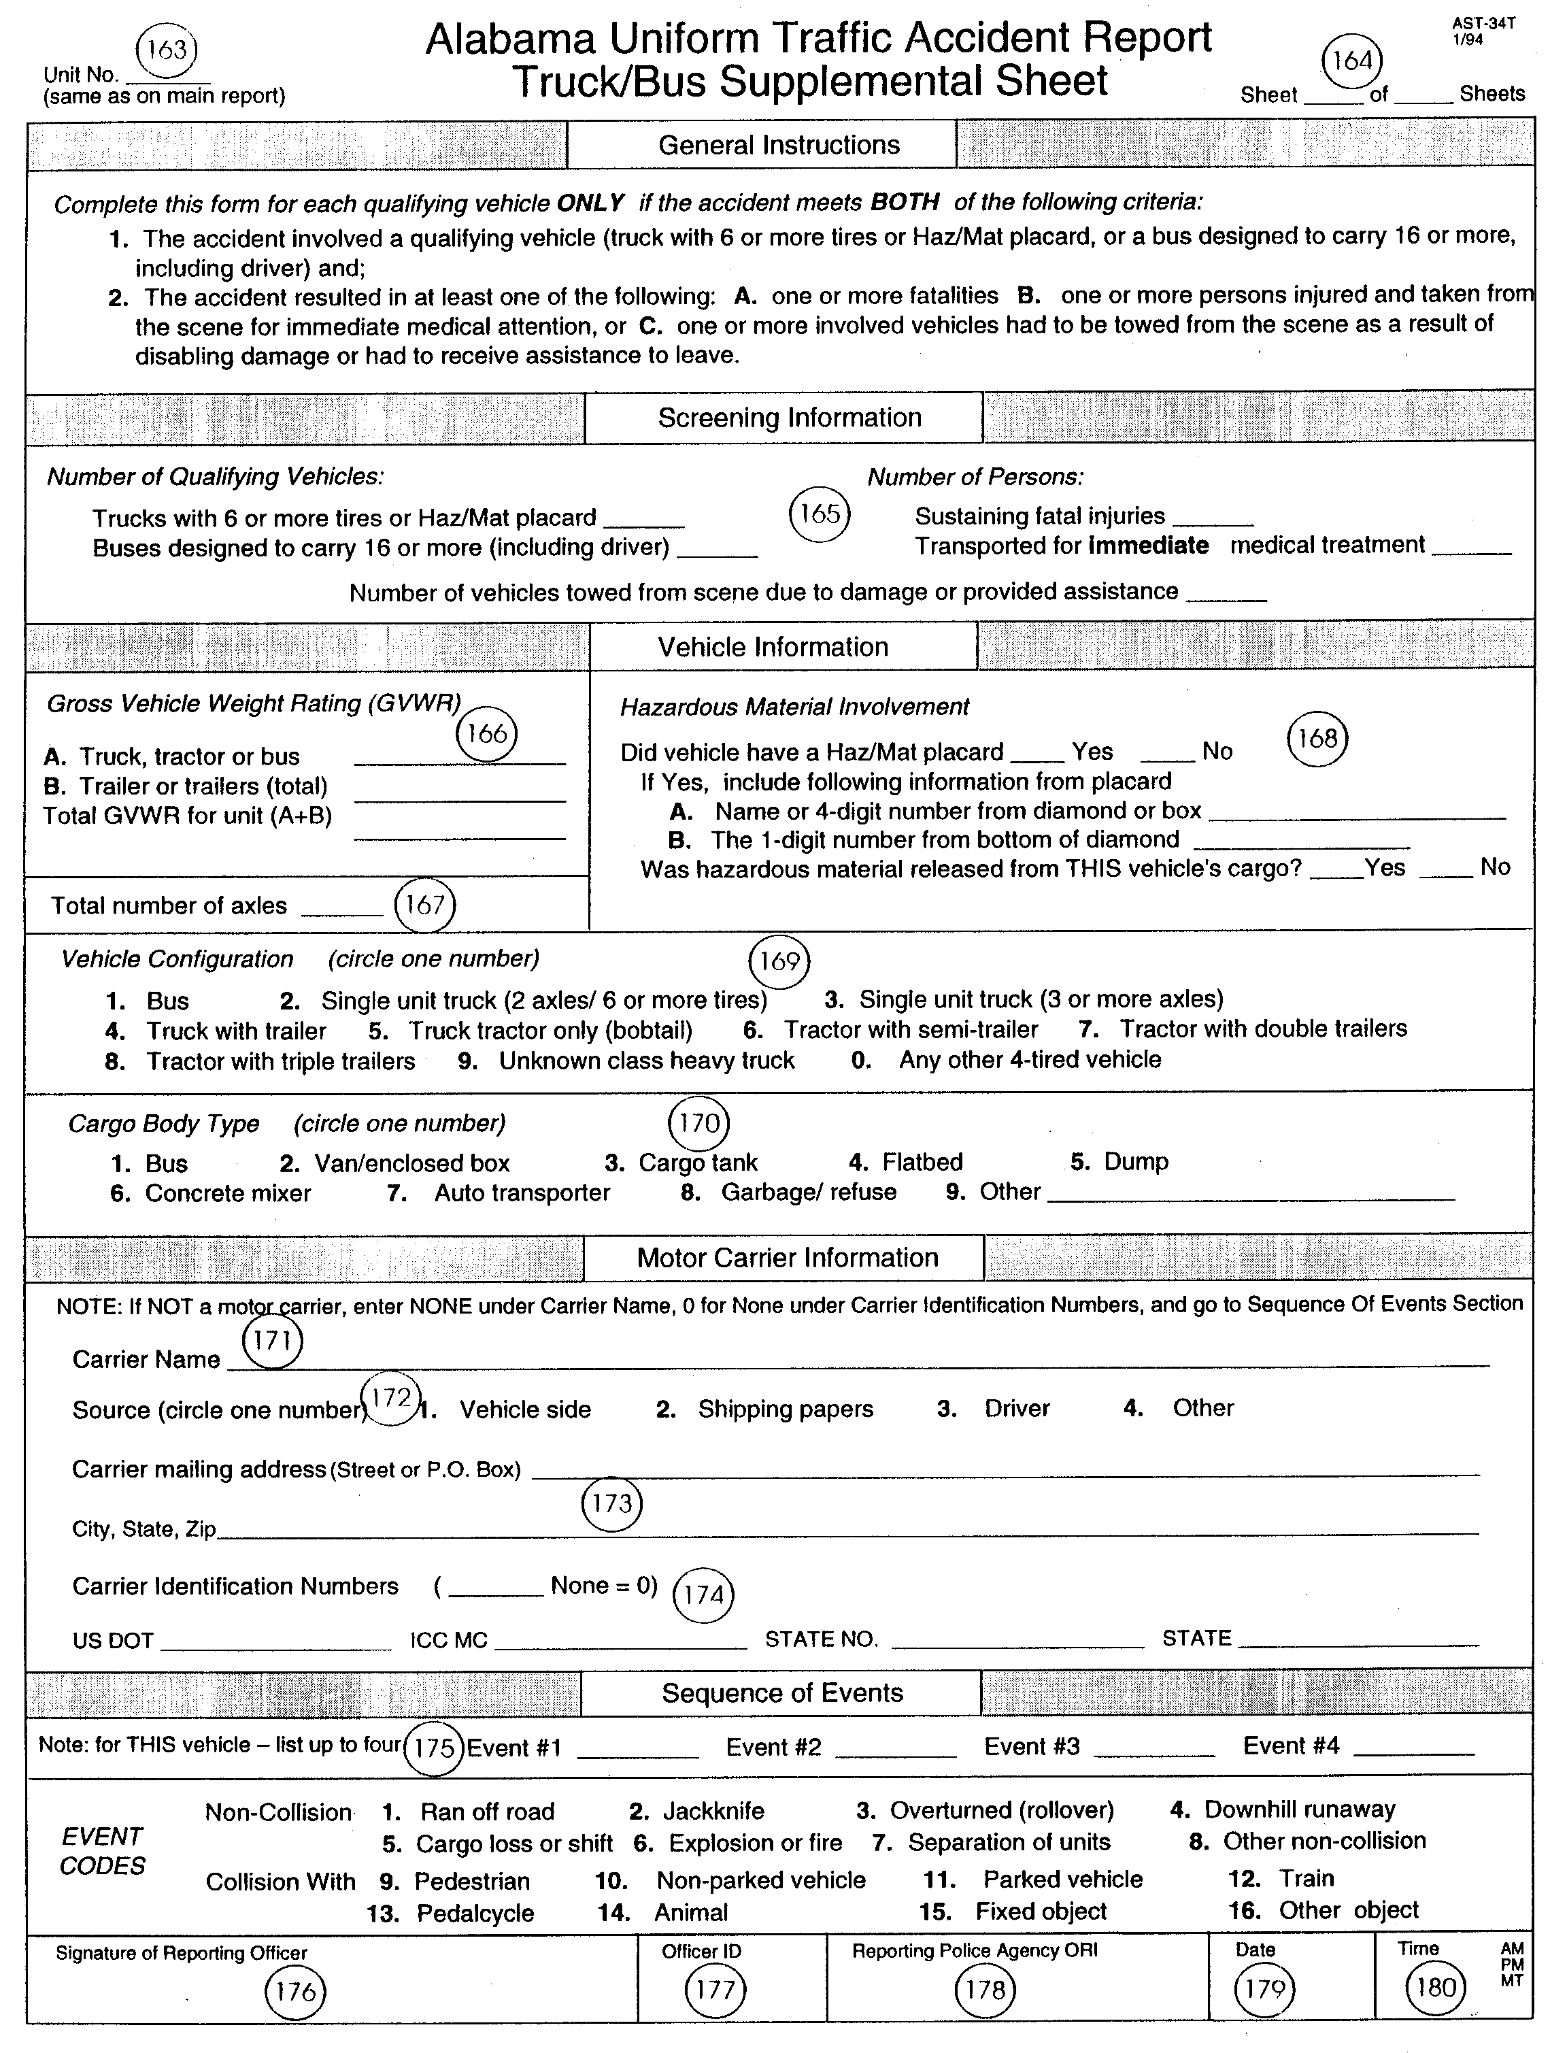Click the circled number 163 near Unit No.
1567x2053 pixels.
coord(167,50)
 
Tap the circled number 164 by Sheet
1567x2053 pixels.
coord(1351,61)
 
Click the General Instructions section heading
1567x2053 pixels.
coord(778,146)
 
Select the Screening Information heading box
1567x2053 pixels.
coord(788,418)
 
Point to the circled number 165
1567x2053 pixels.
coord(820,514)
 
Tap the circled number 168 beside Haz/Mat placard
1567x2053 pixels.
coord(1317,739)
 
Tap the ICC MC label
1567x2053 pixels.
coord(449,1641)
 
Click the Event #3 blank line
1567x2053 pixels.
coord(1153,1751)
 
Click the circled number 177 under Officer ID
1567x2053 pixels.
coord(715,1990)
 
